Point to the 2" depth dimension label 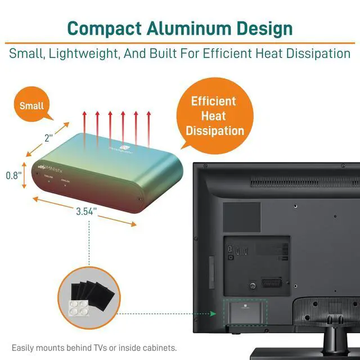(x=49, y=137)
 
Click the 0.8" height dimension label (x=13, y=175)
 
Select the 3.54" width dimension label (x=86, y=211)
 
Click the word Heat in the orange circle (x=214, y=116)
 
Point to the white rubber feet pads (x=77, y=306)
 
